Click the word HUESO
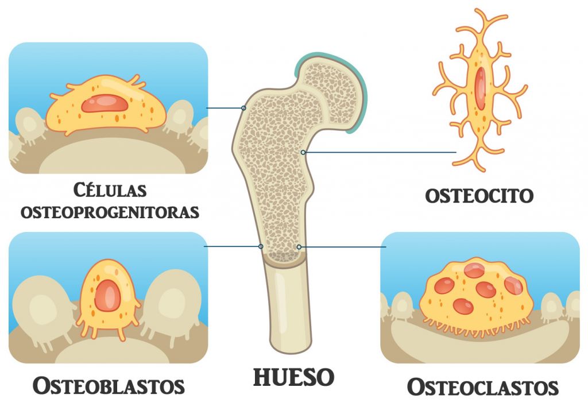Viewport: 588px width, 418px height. tap(293, 377)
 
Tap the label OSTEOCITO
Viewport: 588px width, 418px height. tap(479, 195)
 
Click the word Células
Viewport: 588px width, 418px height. tap(110, 190)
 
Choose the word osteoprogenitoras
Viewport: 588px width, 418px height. tap(110, 212)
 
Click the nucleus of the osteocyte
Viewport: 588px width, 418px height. tap(479, 86)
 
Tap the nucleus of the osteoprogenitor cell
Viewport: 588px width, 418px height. tap(104, 103)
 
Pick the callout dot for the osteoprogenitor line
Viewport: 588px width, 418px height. tap(244, 108)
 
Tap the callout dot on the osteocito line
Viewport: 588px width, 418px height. tap(303, 153)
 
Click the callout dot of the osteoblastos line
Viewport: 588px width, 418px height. tap(261, 246)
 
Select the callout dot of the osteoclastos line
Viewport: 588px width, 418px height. tap(299, 247)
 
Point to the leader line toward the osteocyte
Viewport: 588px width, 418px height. tap(379, 153)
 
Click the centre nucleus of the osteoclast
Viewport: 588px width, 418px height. tap(486, 290)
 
